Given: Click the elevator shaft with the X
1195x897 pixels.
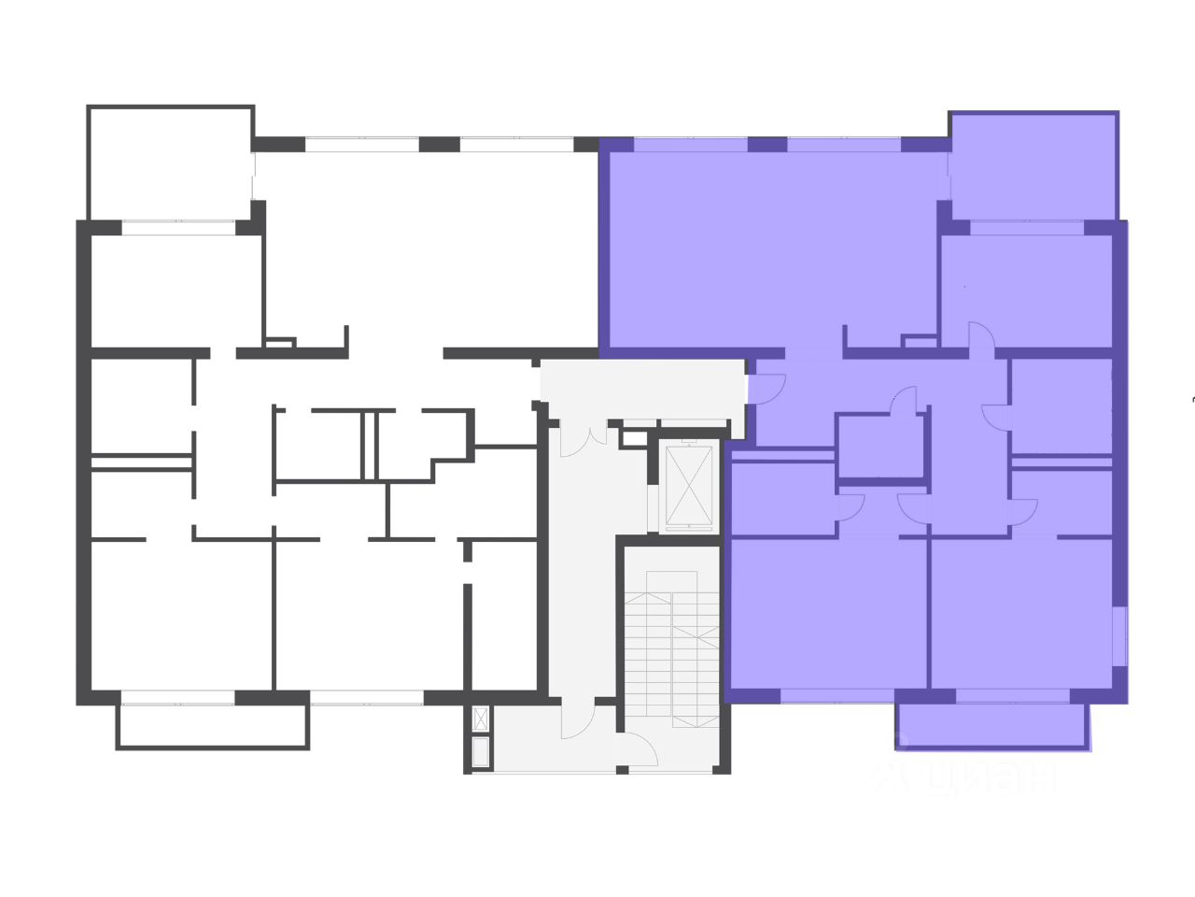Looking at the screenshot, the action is click(x=688, y=485).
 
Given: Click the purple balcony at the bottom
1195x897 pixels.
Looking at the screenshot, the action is click(x=991, y=725).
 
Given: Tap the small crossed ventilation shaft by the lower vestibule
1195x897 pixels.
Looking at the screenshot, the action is click(x=481, y=719).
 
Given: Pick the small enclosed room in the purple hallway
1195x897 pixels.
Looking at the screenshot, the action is click(x=879, y=447).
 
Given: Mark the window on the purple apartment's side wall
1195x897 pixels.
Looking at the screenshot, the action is click(x=1119, y=636).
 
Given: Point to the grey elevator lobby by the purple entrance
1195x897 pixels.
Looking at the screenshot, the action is click(x=644, y=389).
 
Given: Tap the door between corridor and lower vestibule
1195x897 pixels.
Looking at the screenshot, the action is click(x=579, y=719).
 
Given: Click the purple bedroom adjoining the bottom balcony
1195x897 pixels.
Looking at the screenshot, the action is click(x=1021, y=612).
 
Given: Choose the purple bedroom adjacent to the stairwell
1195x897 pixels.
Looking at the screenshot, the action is click(x=826, y=612).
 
